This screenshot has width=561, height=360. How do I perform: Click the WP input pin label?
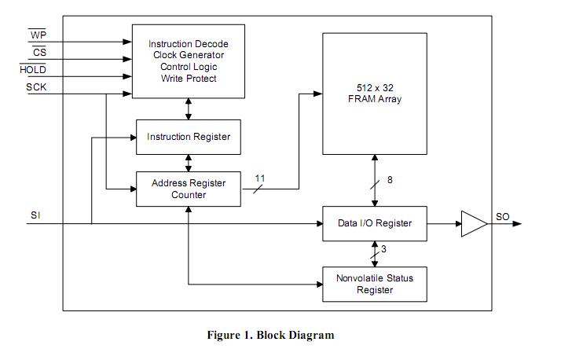37,35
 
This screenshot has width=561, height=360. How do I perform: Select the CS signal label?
38,53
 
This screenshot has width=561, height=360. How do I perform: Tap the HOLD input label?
33,70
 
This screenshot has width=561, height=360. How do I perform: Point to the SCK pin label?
36,87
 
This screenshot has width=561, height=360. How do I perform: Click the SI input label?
35,215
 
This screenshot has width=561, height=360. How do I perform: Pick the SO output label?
503,216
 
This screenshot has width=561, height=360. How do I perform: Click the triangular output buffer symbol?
473,223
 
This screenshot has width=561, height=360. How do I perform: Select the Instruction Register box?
189,137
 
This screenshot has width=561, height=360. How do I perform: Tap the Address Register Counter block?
189,189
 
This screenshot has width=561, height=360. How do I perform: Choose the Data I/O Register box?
375,223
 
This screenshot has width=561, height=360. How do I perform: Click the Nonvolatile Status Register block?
375,284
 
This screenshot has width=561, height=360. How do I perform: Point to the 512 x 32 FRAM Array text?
374,93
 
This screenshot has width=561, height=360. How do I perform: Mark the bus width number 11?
260,178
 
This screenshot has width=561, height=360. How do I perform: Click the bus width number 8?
390,180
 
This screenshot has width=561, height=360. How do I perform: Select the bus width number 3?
383,249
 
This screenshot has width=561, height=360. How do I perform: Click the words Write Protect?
189,79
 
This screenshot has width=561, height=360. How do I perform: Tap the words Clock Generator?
189,55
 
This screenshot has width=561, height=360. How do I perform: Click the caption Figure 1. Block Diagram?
270,335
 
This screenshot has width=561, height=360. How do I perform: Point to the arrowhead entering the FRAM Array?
318,94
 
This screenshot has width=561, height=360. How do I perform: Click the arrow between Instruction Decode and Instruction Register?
189,108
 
